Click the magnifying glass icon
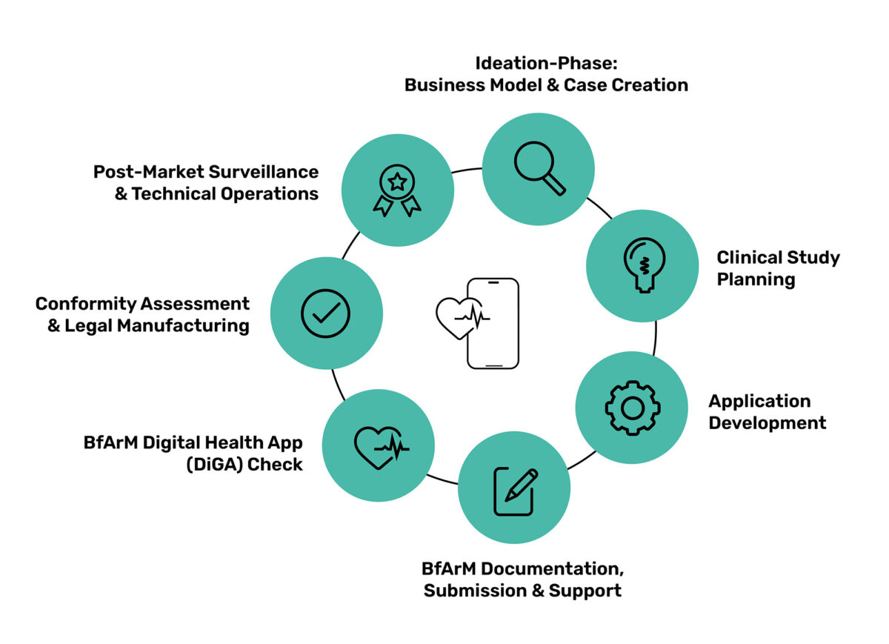click(x=539, y=169)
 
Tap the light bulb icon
click(x=642, y=265)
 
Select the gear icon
click(x=632, y=407)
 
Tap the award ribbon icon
click(x=397, y=190)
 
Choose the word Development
click(x=768, y=423)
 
